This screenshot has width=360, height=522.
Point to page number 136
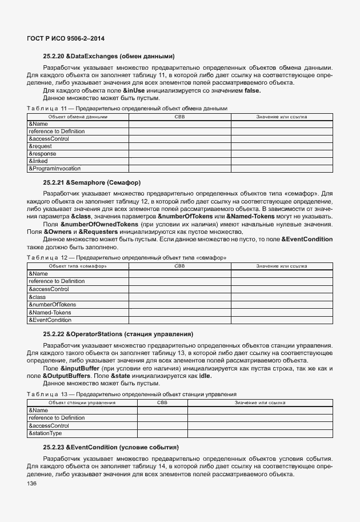(31, 484)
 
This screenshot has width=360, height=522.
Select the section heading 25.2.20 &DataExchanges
(109, 56)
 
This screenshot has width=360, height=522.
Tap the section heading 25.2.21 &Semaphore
(91, 182)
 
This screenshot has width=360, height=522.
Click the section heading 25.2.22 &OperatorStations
(118, 333)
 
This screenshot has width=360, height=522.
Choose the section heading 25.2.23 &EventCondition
(111, 447)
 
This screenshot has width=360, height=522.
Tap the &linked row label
(38, 161)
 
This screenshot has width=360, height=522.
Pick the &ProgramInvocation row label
(54, 169)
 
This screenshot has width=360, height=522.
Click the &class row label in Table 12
(37, 297)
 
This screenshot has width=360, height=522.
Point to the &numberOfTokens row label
(52, 305)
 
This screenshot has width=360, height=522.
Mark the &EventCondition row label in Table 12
(50, 320)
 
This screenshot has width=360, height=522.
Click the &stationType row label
(45, 433)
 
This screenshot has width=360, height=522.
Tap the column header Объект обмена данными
(78, 117)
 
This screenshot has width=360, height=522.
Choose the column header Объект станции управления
(82, 403)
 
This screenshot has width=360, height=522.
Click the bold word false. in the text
(252, 90)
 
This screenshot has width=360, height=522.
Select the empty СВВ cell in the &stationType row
(162, 433)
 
